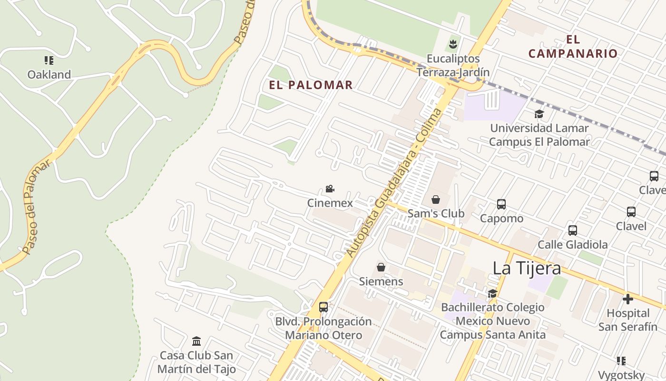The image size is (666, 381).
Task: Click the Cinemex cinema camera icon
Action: (x=330, y=189)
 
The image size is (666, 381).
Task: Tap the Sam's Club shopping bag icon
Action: (x=435, y=200)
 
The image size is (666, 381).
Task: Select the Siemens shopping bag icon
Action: (x=381, y=267)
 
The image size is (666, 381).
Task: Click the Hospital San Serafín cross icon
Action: (x=628, y=299)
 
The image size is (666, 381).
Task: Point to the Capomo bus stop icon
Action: (x=501, y=204)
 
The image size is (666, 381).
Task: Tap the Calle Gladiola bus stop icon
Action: (x=572, y=231)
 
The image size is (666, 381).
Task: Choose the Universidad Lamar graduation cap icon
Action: (x=539, y=114)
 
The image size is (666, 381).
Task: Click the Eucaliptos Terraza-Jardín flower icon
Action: (x=453, y=45)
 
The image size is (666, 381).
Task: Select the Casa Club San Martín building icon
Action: (x=196, y=341)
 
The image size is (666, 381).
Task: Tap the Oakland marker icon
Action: (x=49, y=60)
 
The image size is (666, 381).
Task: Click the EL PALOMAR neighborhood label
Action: (x=311, y=85)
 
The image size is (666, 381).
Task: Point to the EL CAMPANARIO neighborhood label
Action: (x=573, y=47)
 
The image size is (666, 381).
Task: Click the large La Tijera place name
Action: (x=527, y=268)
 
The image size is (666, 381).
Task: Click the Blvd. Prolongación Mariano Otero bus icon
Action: (x=323, y=307)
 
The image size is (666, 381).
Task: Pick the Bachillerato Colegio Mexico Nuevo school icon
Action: (x=492, y=293)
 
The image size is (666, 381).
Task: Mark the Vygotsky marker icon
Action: (x=621, y=361)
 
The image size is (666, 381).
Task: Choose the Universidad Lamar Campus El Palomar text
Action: (x=539, y=135)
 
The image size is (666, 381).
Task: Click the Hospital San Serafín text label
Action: (x=627, y=320)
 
